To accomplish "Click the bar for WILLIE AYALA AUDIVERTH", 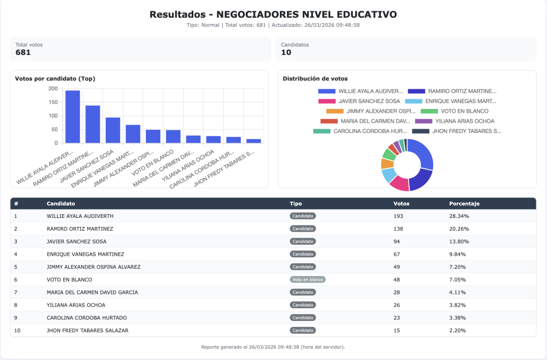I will coord(73,117).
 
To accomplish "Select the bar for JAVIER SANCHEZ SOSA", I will coord(113,130).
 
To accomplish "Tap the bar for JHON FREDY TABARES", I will coord(253,141).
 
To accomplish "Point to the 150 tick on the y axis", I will coord(53,102).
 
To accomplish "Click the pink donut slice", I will coord(399,183).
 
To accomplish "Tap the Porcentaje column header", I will coord(464,204).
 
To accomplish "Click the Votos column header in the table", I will coord(402,204).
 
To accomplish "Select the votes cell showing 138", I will coord(398,229).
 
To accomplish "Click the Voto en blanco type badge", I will coord(308,279).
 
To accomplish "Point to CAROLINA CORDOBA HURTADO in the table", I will coord(87,318).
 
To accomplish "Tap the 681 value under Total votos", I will coord(23,52).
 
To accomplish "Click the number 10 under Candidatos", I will coord(286,52).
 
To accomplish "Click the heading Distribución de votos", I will coord(315,79).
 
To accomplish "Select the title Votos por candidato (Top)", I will coord(55,79).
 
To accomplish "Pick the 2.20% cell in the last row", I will coord(457,331).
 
